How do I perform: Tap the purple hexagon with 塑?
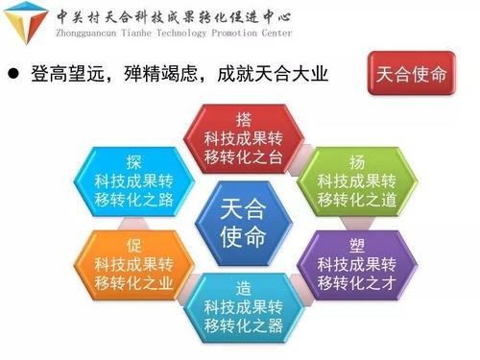(x=356, y=261)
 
